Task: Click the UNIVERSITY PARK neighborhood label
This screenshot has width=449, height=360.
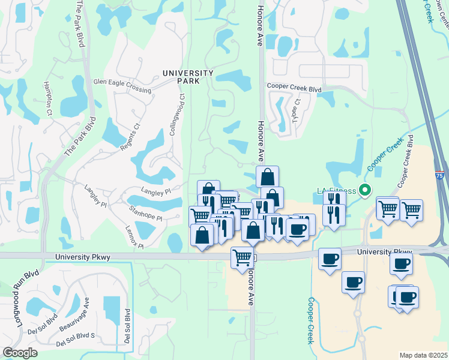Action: click(188, 76)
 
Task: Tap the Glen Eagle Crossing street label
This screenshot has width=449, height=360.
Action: click(122, 85)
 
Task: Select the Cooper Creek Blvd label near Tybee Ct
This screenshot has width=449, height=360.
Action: click(295, 88)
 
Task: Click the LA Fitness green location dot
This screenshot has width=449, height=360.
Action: click(363, 190)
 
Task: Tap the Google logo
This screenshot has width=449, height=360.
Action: click(20, 352)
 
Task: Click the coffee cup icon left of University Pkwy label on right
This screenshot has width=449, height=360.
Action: click(330, 259)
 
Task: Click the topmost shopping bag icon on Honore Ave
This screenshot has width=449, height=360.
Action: click(267, 176)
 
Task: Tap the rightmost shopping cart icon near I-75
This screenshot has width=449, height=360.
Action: click(411, 210)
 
